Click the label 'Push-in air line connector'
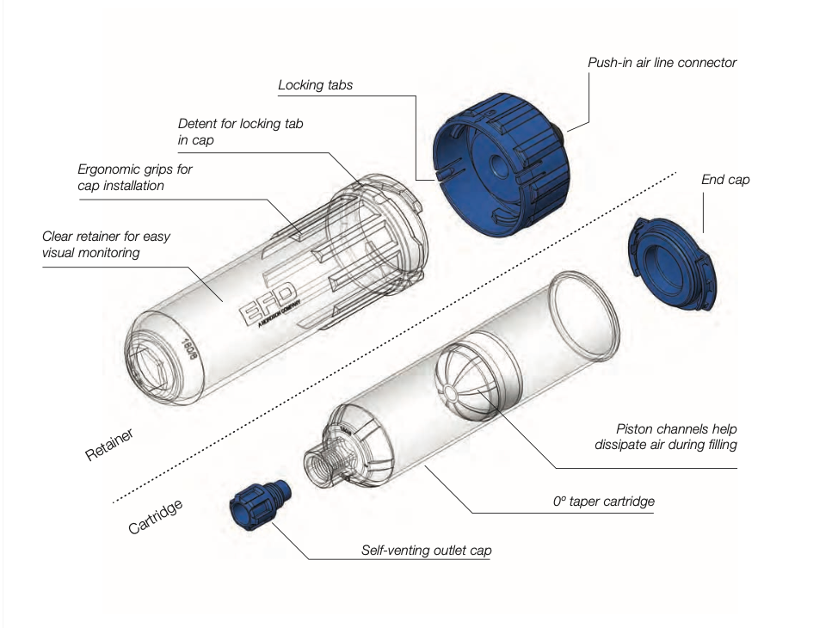click(x=662, y=63)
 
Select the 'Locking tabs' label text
click(x=315, y=85)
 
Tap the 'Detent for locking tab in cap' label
click(x=240, y=132)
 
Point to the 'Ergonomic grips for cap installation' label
click(x=134, y=177)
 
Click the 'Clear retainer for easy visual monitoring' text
click(x=102, y=244)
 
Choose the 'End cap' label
click(x=725, y=180)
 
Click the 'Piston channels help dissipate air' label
click(x=665, y=436)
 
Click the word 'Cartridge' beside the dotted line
click(x=156, y=517)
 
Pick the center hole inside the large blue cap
click(x=496, y=165)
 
